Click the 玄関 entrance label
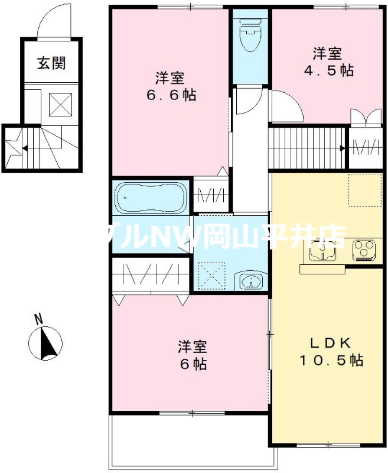(51, 63)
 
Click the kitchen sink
(322, 251)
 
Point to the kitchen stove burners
(364, 250)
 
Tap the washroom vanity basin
(252, 281)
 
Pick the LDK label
(330, 342)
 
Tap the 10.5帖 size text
(330, 359)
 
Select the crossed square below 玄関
(59, 105)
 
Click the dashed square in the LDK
(364, 190)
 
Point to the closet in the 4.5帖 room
(364, 145)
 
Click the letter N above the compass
(38, 319)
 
